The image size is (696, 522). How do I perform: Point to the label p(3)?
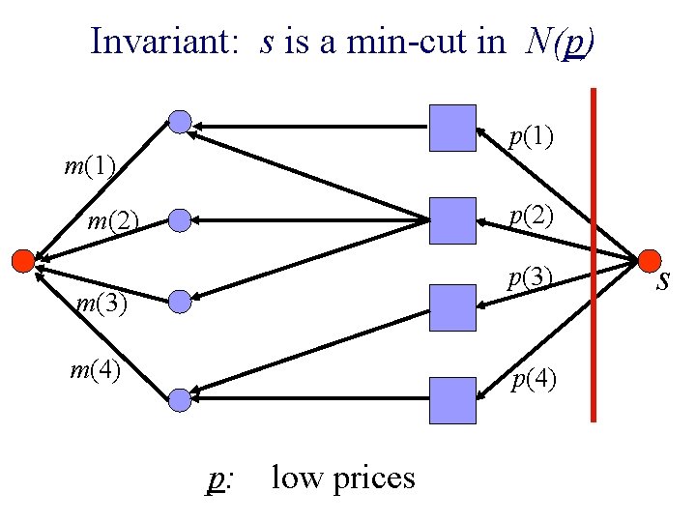pos(532,279)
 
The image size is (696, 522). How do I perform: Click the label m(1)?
pos(90,167)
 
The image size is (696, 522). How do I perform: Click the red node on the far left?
pos(21,259)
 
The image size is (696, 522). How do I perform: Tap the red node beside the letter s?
pos(648,259)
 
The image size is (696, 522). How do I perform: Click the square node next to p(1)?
pos(452,128)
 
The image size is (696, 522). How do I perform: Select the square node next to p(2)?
pos(452,220)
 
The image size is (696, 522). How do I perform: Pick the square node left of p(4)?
pos(452,400)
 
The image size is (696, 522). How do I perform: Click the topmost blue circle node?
pos(180,122)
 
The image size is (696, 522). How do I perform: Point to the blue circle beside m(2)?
pos(179,221)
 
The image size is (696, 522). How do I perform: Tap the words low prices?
pos(343,478)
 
